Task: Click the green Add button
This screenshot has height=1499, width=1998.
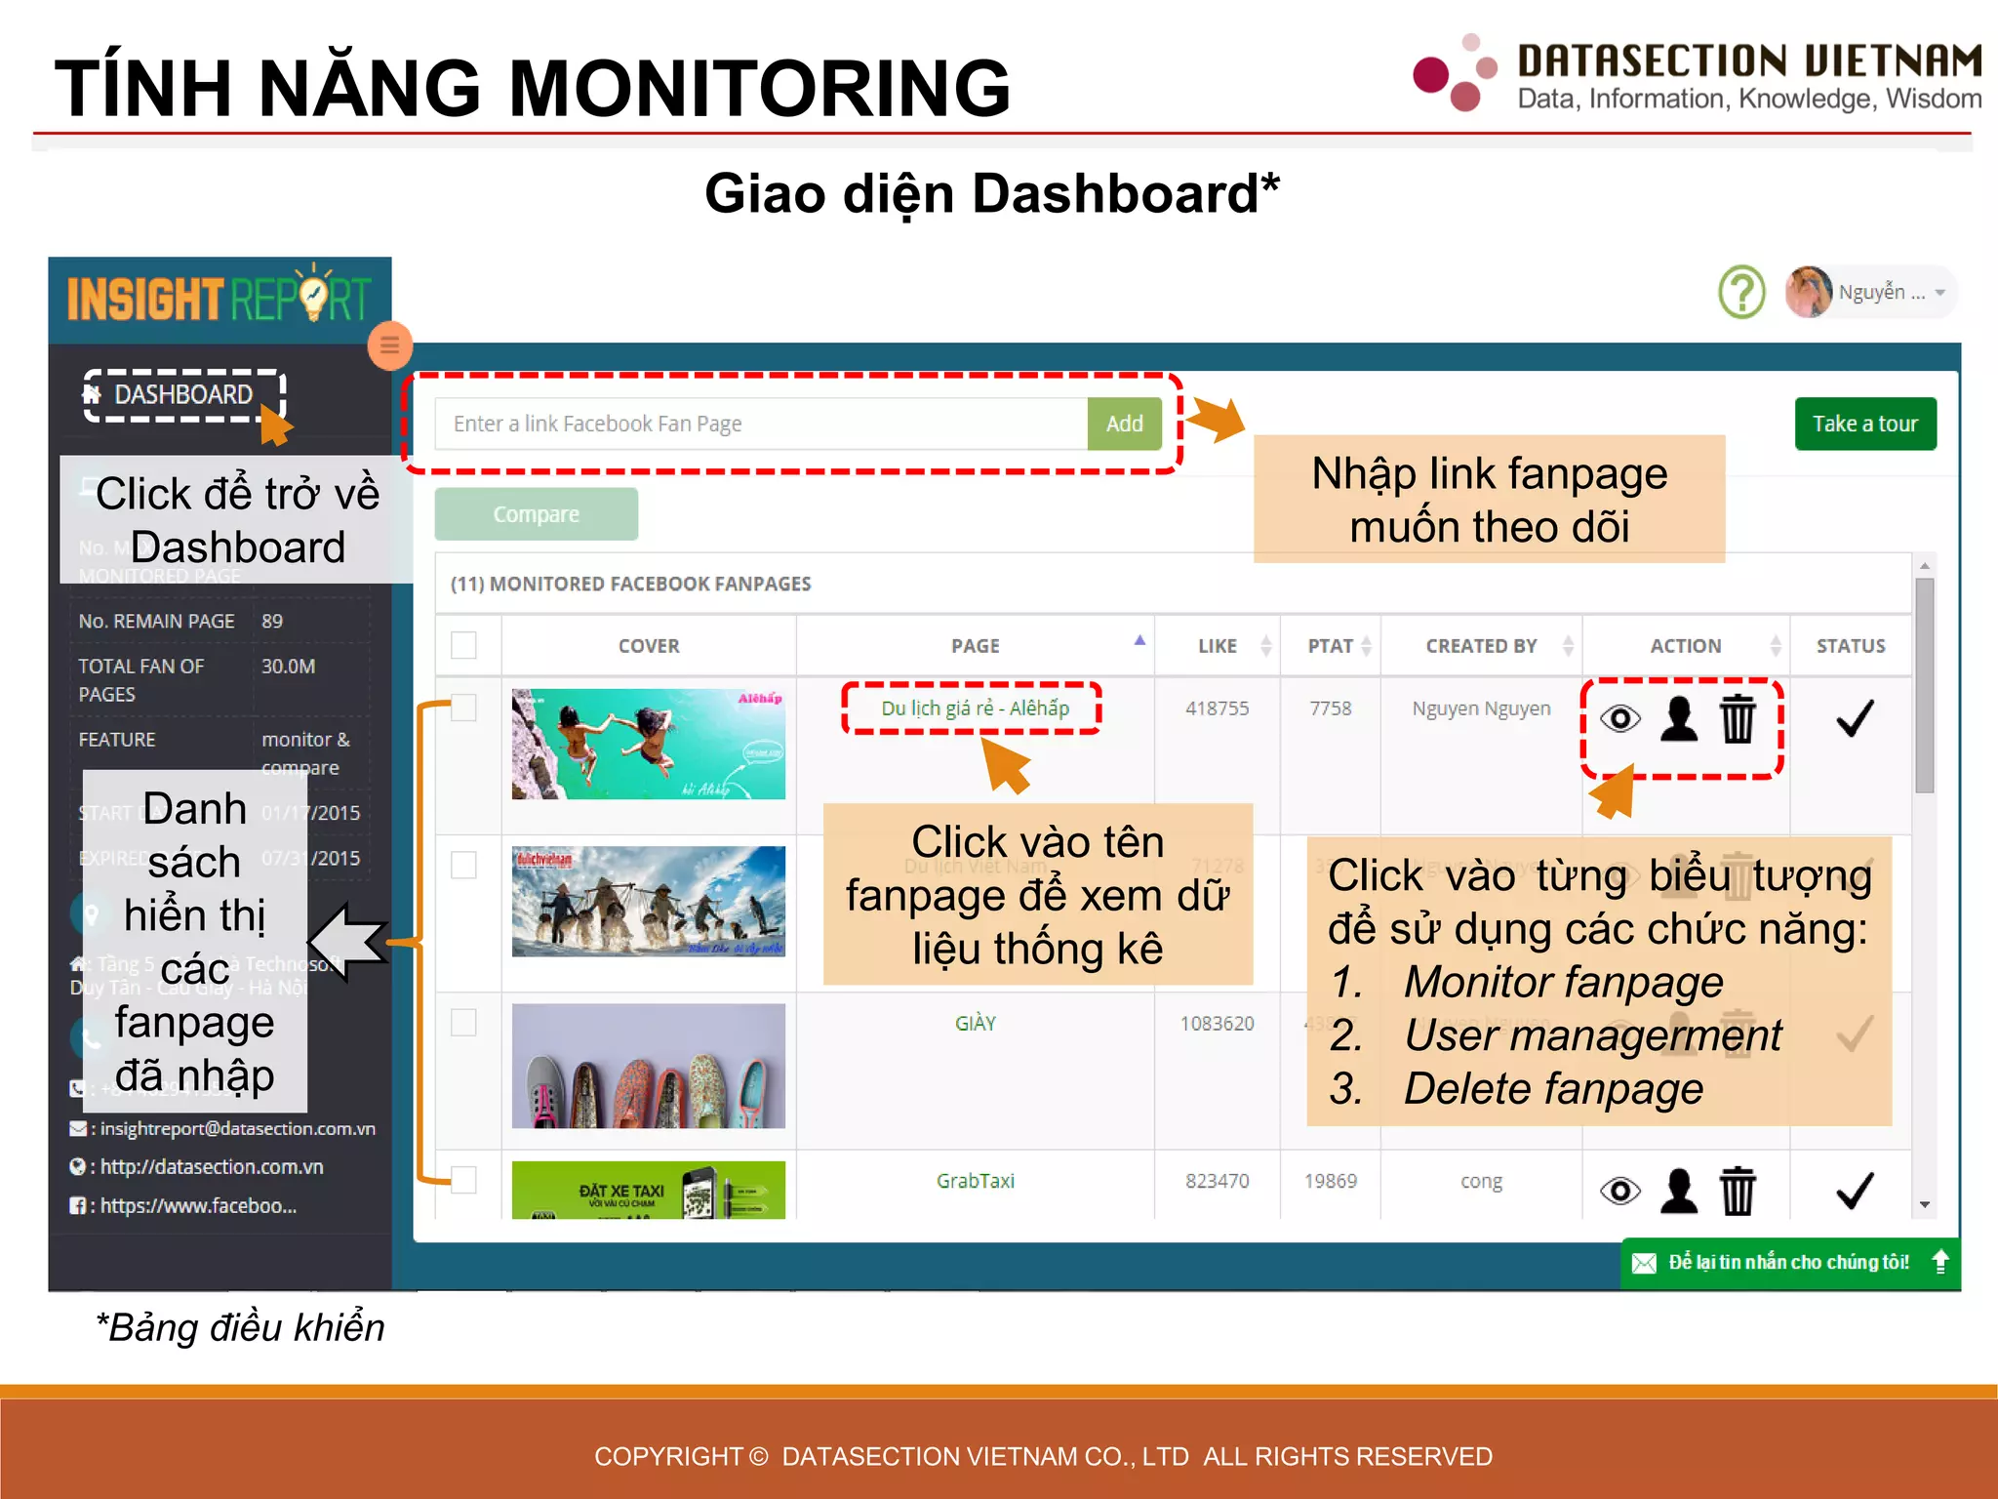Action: click(x=1124, y=424)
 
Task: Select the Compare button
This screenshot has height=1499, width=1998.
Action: click(x=536, y=514)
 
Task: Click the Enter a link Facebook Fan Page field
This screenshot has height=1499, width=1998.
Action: click(x=761, y=424)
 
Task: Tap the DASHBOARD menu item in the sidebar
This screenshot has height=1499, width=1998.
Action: click(x=182, y=394)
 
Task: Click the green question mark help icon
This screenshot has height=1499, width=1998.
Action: click(x=1741, y=292)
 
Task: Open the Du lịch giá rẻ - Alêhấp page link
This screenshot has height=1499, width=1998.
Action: click(x=975, y=709)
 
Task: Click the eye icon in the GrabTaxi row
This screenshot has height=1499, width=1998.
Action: click(x=1620, y=1191)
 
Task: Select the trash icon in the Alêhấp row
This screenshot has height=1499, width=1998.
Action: click(x=1738, y=719)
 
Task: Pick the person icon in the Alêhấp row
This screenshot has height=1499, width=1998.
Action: click(x=1679, y=719)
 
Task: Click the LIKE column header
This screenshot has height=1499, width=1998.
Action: click(x=1218, y=646)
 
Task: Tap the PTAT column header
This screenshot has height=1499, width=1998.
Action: click(x=1331, y=646)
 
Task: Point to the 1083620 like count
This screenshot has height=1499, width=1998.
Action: click(x=1217, y=1024)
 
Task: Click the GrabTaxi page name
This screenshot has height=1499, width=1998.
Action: click(x=975, y=1181)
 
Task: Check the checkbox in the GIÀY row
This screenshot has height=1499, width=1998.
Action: click(x=464, y=1023)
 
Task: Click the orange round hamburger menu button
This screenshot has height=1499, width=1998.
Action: click(x=389, y=345)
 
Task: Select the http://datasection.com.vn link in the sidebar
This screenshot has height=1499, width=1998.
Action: click(x=211, y=1167)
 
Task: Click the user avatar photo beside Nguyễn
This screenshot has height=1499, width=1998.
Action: click(x=1808, y=292)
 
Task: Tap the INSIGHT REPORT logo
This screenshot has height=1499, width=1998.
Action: click(x=219, y=299)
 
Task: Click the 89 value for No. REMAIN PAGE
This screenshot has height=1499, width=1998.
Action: click(x=272, y=622)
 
